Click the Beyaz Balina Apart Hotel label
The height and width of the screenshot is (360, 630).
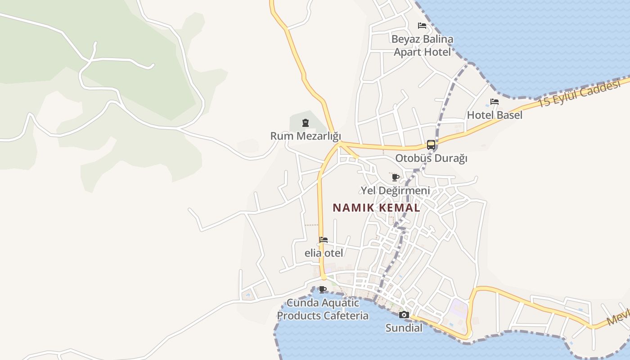(x=422, y=46)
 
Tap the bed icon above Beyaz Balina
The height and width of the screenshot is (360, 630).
(x=422, y=26)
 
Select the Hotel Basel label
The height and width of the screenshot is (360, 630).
(x=495, y=115)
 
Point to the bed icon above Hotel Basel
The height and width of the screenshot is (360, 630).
(x=495, y=102)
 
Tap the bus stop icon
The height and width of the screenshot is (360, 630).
(x=431, y=145)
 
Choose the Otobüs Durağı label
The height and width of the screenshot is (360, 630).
(x=431, y=158)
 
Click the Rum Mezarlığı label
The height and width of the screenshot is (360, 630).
(x=306, y=136)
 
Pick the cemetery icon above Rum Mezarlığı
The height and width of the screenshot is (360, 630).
(x=306, y=122)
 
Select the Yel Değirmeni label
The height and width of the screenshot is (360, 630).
(x=396, y=191)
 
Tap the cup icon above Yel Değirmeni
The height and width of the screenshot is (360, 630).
(x=396, y=177)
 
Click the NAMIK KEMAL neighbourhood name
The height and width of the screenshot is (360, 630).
(x=376, y=208)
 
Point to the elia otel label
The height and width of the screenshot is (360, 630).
(x=324, y=253)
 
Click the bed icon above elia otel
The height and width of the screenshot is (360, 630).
(x=324, y=240)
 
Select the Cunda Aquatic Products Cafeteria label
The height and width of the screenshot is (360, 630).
(x=323, y=309)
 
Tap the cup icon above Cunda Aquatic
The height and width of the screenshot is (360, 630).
(x=322, y=289)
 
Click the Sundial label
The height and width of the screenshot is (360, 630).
(x=404, y=328)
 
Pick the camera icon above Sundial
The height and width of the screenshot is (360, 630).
(x=404, y=315)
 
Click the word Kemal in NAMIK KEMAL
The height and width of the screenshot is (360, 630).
(x=399, y=208)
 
